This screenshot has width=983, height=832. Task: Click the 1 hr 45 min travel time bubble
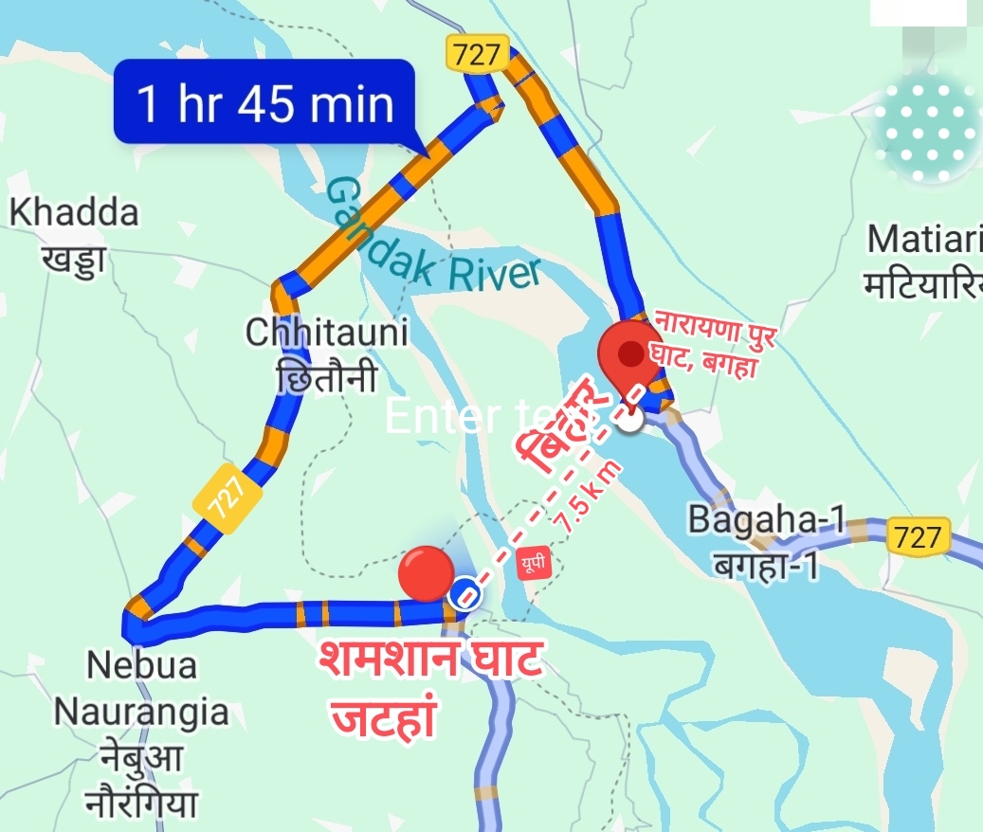tap(264, 102)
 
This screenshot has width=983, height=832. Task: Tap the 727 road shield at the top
tap(477, 54)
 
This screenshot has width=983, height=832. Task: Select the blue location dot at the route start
tap(464, 594)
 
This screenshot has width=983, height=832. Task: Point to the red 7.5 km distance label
tap(588, 498)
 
